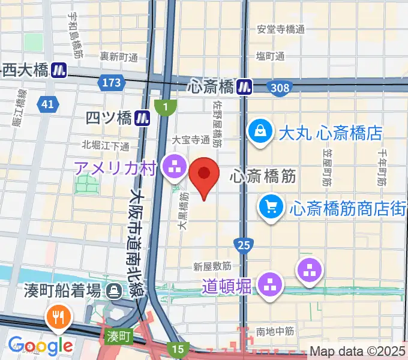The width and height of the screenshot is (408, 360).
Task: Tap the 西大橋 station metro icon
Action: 59,70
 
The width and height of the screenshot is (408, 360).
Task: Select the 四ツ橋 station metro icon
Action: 143,118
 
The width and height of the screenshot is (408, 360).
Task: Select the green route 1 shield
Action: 166,107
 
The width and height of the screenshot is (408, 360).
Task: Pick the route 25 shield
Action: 244,244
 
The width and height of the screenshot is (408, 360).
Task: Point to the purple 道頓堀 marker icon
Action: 271,283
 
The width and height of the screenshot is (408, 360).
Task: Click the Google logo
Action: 40,345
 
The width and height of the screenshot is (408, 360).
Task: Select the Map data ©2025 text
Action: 358,351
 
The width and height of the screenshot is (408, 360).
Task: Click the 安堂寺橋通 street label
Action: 280,29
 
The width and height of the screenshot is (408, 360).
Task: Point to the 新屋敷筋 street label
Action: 212,266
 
